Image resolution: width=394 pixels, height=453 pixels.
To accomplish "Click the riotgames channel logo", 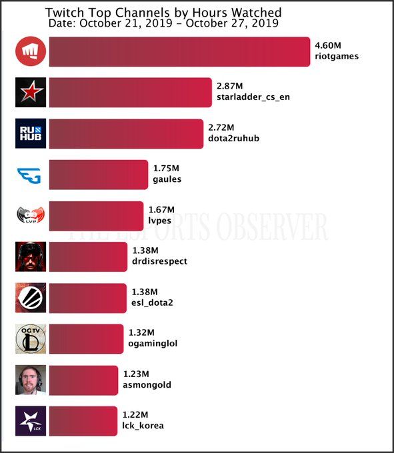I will point(31,52).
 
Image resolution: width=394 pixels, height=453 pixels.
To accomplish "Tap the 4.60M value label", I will point(327,45).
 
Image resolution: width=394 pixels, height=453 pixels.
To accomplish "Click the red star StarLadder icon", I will point(31,93).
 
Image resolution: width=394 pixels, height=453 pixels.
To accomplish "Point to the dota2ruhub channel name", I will point(233,139).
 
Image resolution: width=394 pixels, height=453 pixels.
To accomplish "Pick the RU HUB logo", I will point(31,133).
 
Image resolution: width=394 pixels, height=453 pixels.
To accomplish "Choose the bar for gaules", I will point(98,175).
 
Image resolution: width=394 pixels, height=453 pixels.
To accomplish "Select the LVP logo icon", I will point(31,215).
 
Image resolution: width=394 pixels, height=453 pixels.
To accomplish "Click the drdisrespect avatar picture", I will point(31,256).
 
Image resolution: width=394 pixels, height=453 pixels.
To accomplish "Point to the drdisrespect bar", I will point(87,256).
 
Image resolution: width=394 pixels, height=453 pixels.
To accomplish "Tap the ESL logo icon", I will point(31,298).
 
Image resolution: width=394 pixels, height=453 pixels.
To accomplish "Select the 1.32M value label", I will point(141,332).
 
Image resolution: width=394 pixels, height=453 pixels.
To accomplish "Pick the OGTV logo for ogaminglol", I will point(31,338).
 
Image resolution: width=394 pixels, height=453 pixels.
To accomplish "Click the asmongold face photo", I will point(31,380).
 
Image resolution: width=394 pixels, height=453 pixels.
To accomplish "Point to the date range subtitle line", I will point(163,23).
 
